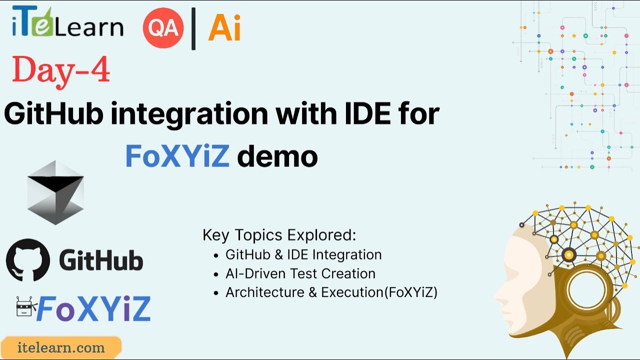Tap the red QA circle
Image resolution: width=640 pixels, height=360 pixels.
coord(163,28)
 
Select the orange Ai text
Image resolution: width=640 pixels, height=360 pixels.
coord(224,28)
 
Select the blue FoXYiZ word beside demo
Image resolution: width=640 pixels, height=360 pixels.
coord(177,156)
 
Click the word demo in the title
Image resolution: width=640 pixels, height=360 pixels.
coord(277,156)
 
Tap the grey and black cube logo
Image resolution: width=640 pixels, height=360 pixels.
coord(55,192)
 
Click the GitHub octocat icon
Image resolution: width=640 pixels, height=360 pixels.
coord(28,260)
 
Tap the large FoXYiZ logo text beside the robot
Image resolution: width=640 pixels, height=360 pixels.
coord(93,308)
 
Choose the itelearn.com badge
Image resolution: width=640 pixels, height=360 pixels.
coord(60,347)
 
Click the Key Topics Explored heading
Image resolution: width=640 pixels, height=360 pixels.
coord(279,235)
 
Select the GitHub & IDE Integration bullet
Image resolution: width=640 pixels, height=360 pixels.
coord(303,254)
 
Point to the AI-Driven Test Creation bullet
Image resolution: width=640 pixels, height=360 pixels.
coord(300,273)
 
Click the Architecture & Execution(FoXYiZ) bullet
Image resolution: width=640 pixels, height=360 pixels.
coord(331,292)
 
